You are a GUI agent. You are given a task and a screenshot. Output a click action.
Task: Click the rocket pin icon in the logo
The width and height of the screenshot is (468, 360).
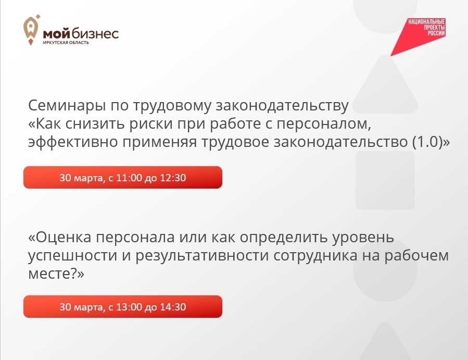click(x=31, y=30)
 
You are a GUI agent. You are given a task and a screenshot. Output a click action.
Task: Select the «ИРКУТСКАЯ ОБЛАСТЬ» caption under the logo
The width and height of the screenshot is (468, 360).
click(x=66, y=42)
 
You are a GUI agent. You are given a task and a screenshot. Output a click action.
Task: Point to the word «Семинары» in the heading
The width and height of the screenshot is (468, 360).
click(x=67, y=106)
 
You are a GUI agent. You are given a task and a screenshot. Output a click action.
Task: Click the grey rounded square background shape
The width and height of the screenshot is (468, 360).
click(x=385, y=180)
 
